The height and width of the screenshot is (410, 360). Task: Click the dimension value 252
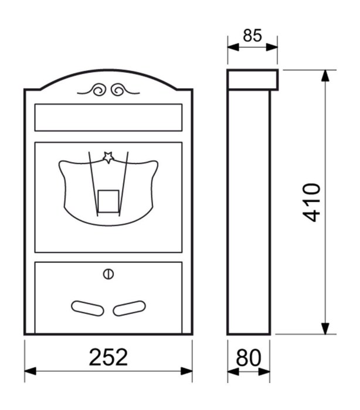108,357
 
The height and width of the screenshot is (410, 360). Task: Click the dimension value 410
311,203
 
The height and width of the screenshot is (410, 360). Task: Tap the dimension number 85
252,35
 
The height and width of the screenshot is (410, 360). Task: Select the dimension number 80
249,357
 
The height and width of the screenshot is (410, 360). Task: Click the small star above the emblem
108,158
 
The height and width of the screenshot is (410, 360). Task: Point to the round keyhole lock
108,274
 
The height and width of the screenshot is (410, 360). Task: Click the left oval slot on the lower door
87,308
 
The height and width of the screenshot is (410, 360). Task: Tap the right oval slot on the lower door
129,308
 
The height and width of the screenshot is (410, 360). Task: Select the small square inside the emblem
108,201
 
